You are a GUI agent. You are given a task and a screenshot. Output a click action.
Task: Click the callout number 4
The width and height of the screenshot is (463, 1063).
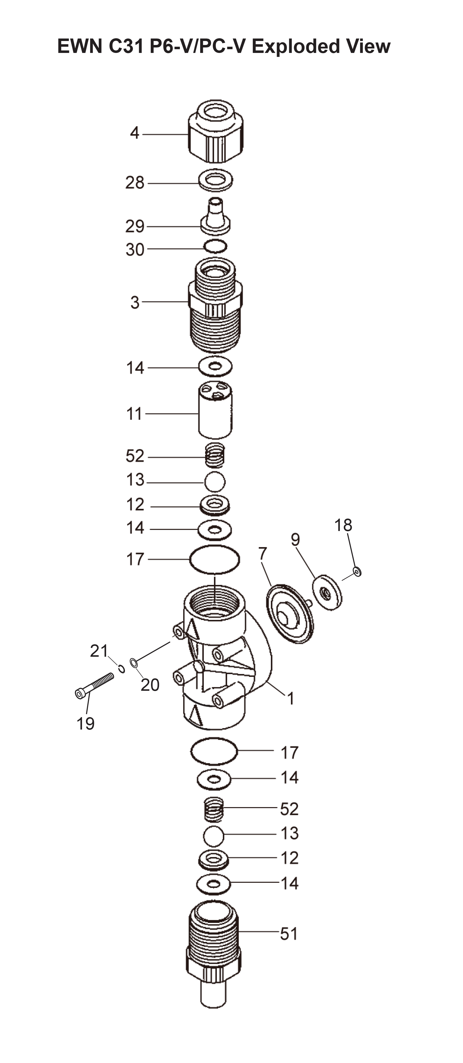coord(135,133)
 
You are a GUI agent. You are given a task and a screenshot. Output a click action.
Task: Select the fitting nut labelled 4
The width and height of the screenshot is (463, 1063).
coord(215,131)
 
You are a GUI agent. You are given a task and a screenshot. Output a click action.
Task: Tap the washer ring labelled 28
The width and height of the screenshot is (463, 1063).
coord(215,180)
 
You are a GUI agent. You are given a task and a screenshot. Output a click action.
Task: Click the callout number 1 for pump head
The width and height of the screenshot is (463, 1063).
coord(291,698)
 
